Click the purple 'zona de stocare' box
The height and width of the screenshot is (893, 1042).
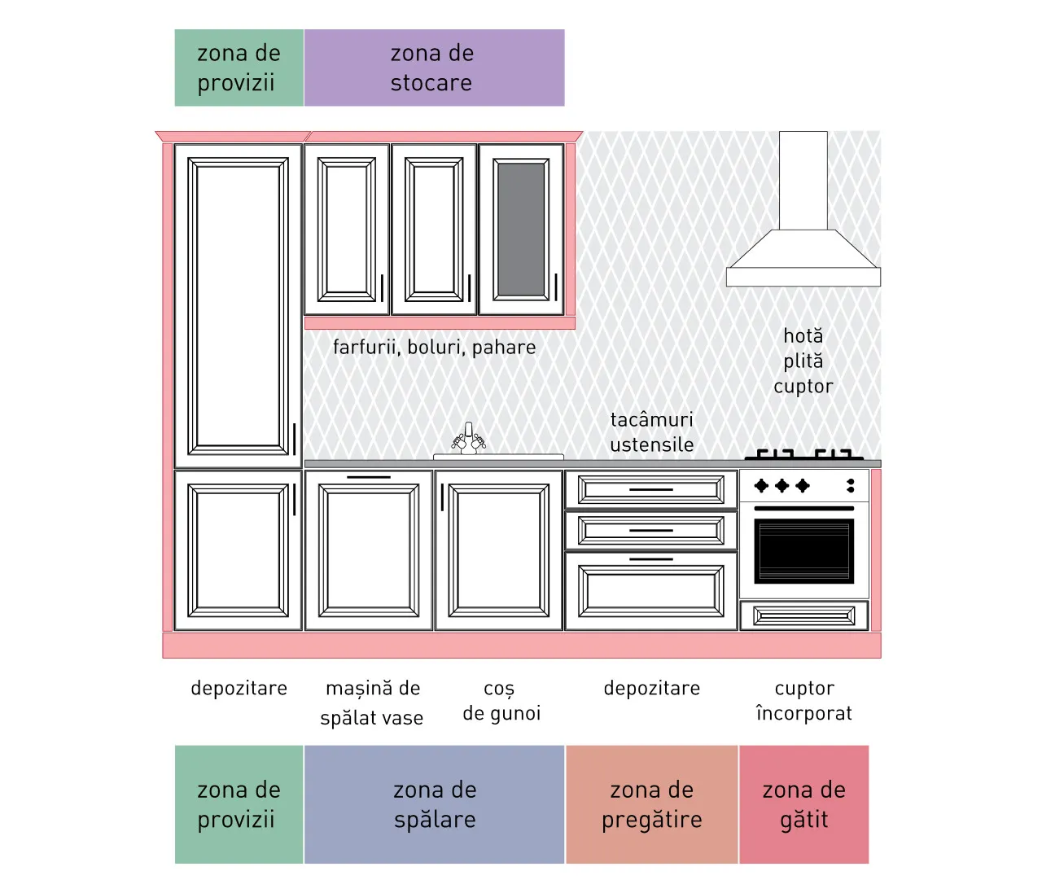pos(434,68)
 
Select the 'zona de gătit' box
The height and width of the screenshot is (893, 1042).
pos(803,804)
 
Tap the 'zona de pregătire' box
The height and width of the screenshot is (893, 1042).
pos(652,804)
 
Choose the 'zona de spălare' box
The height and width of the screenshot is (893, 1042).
pos(434,804)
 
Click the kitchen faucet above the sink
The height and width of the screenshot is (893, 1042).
pos(469,439)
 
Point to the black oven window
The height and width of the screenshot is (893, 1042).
pos(804,550)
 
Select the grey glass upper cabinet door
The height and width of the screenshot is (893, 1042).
pos(521,230)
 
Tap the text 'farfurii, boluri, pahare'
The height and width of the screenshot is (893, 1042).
pos(434,348)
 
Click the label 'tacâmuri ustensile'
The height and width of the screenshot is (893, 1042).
pos(652,432)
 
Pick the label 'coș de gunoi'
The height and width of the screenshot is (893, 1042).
pos(501,701)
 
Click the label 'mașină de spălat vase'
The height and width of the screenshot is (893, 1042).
pos(372,703)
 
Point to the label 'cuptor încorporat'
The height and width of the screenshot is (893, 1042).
pos(804,700)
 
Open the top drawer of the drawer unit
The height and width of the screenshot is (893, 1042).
pos(651,489)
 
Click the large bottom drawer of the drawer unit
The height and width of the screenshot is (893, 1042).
pos(651,591)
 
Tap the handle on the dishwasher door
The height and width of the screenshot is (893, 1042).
pos(369,477)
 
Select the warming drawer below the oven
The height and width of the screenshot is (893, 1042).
pos(804,615)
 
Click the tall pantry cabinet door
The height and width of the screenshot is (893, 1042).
pos(238,306)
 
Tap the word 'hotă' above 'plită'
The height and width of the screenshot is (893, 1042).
pos(803,336)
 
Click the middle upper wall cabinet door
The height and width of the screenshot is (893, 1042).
pos(434,230)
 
